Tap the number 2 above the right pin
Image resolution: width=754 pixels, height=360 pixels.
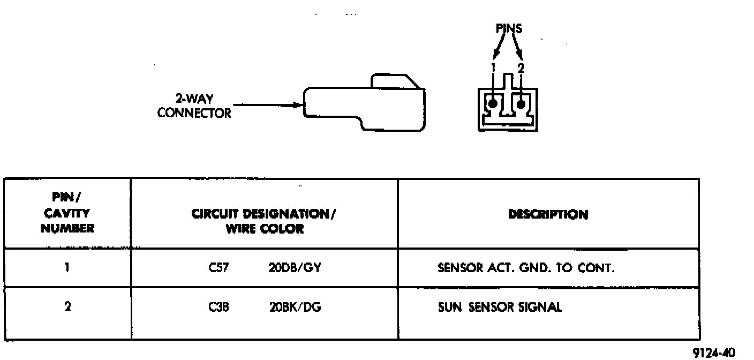coord(521,68)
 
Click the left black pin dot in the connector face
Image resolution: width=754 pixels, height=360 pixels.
coord(493,102)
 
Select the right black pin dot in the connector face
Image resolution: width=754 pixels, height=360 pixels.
coord(521,102)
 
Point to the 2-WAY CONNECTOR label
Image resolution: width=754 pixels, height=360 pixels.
coord(194,106)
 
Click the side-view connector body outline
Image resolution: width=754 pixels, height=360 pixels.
coord(364,104)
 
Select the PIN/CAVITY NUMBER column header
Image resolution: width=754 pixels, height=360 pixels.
coord(67,214)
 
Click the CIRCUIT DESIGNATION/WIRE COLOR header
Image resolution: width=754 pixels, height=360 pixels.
coord(264,221)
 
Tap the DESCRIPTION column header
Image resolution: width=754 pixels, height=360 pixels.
coord(548,215)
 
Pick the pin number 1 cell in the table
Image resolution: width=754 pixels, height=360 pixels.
coord(67,267)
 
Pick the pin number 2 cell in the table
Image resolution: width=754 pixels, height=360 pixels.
coord(67,307)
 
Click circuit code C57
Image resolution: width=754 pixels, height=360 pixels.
coord(219,267)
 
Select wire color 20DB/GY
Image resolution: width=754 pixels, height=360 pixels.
coord(294,267)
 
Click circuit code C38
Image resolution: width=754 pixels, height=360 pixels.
coord(219,307)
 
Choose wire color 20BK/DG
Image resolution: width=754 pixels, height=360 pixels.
coord(295,307)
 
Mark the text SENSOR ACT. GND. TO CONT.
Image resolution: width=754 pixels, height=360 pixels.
coord(526,267)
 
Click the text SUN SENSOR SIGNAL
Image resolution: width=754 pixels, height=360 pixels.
coord(500,307)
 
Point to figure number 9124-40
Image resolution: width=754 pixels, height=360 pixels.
coord(715,352)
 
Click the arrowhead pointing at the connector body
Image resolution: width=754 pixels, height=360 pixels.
coord(298,105)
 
